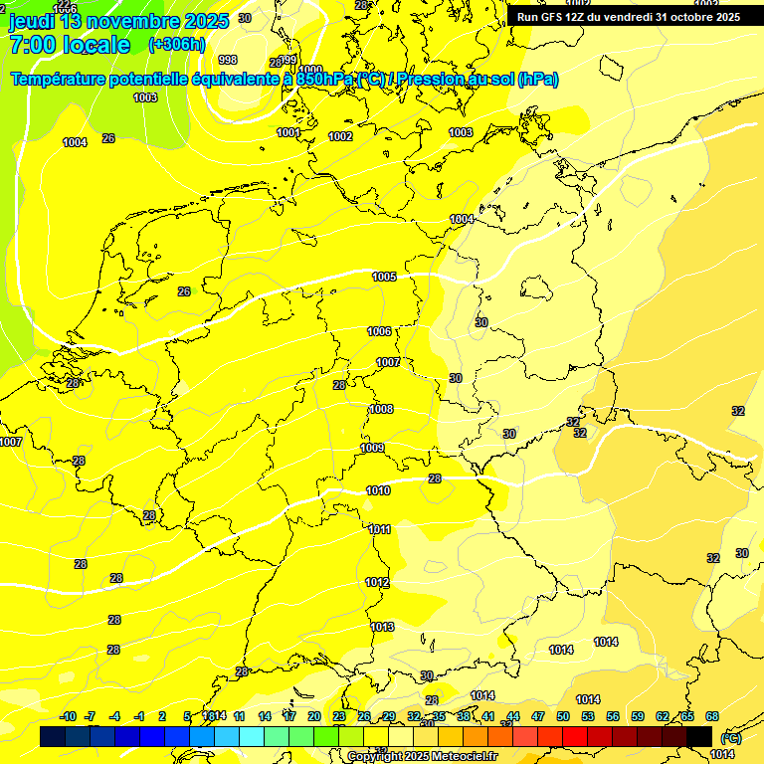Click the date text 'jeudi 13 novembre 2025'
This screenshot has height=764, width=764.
tap(118, 21)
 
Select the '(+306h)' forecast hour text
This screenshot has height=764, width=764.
tap(176, 45)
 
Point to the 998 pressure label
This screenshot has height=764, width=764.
tap(227, 60)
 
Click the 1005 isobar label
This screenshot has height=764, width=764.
tap(384, 277)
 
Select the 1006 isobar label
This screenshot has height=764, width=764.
tap(379, 331)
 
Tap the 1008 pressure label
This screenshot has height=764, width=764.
tap(381, 409)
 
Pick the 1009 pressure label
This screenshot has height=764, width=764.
tap(372, 448)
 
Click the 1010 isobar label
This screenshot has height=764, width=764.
tap(378, 490)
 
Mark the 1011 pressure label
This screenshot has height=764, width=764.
tap(379, 529)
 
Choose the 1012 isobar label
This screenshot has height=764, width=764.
tap(377, 582)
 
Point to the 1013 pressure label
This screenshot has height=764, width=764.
tap(383, 627)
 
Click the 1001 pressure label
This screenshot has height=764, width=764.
tap(288, 132)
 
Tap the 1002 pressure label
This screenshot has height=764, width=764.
tap(340, 136)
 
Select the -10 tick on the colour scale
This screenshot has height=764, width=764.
tap(69, 716)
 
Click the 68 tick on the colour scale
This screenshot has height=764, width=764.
tap(712, 716)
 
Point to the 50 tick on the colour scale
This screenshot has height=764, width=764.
tap(563, 716)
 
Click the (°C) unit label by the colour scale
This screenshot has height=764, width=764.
tap(730, 738)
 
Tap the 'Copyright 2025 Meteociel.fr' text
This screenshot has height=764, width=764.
tap(422, 756)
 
